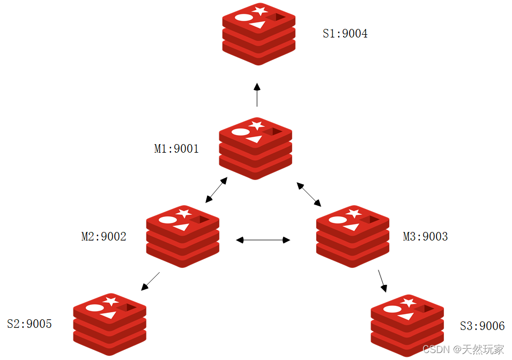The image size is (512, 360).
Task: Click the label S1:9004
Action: (345, 34)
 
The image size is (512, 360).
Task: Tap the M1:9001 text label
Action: (176, 149)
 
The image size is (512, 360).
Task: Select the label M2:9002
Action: (103, 236)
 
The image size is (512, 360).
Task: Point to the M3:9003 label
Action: (425, 236)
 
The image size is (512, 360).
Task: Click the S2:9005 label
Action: (29, 324)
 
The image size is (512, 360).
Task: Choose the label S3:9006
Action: (482, 326)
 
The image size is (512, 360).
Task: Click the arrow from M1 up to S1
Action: (257, 95)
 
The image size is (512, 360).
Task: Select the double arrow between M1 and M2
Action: (216, 190)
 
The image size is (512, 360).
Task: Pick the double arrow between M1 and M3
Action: (309, 194)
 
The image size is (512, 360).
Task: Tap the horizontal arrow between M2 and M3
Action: (263, 240)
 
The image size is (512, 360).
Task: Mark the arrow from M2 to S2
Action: (151, 281)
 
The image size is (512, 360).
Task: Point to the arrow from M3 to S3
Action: (382, 281)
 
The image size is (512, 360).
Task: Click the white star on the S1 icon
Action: (260, 10)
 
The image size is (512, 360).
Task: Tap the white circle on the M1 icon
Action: (240, 132)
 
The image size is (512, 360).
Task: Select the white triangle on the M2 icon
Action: (181, 227)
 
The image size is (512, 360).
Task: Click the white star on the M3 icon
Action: (353, 213)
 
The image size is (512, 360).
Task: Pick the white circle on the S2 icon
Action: (94, 307)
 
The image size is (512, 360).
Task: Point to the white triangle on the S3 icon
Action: (406, 316)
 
